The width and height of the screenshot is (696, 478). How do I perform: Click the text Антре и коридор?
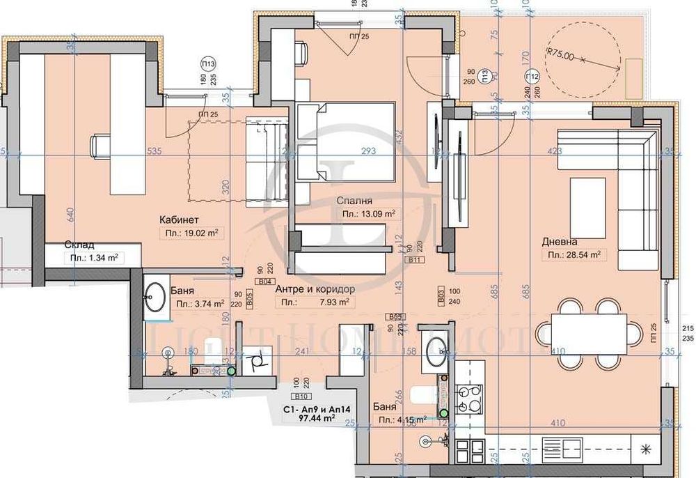pyautogui.click(x=315, y=288)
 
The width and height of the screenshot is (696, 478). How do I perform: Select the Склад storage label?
pyautogui.click(x=80, y=245)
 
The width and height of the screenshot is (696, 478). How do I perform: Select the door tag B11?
pyautogui.click(x=416, y=260)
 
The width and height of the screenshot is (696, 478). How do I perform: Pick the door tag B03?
pyautogui.click(x=441, y=295)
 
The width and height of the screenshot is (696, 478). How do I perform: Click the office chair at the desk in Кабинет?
pyautogui.click(x=99, y=146)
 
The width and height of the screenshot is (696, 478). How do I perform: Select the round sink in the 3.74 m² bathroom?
pyautogui.click(x=155, y=299)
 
